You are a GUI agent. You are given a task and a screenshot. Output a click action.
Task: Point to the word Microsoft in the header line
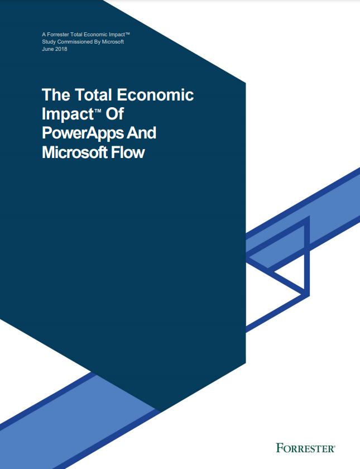[113, 42]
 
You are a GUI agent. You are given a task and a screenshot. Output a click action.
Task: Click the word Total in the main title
[94, 94]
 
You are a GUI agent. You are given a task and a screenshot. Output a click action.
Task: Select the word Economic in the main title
[155, 95]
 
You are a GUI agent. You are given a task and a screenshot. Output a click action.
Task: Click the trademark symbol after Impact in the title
[98, 111]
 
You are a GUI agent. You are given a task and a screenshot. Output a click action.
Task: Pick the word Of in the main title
[114, 114]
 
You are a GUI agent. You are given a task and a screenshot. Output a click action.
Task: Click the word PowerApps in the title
[82, 133]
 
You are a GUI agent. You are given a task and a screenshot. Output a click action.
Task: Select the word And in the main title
[141, 133]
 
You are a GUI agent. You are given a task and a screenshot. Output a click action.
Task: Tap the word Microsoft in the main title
[74, 152]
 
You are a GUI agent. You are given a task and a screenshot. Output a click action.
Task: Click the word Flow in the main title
[128, 152]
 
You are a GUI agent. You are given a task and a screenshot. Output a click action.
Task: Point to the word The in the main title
[56, 94]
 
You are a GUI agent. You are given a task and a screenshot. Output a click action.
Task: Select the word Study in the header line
[49, 42]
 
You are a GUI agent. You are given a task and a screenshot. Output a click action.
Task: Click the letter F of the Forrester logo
[279, 448]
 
